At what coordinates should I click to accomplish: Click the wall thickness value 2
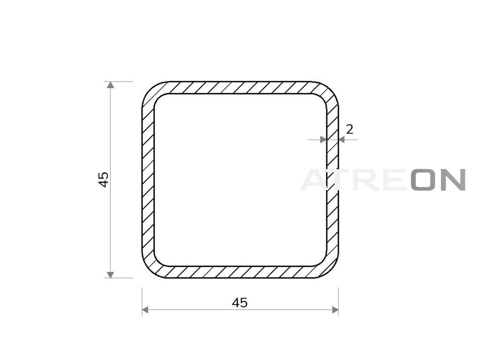click(x=350, y=129)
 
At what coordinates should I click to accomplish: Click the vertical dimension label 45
click(x=104, y=180)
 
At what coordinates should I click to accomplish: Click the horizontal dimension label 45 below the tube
click(x=240, y=303)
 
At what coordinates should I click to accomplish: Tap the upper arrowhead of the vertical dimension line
click(x=111, y=85)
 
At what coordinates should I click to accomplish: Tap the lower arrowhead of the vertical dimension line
click(x=111, y=275)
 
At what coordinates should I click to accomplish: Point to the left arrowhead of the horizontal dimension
click(x=145, y=310)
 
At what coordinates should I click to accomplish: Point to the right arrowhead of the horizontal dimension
click(x=335, y=310)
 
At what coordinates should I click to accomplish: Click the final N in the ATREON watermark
click(x=454, y=180)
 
